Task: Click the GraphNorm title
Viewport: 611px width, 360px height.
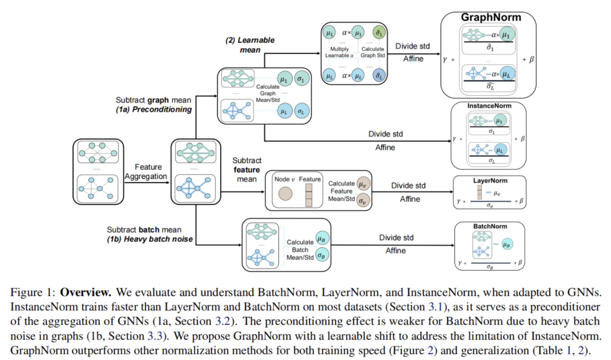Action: pyautogui.click(x=490, y=17)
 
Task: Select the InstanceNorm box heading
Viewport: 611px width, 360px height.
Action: pyautogui.click(x=489, y=106)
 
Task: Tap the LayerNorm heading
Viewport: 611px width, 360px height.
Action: pyautogui.click(x=489, y=181)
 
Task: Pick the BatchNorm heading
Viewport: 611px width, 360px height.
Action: pyautogui.click(x=489, y=226)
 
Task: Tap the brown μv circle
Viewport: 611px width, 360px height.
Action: pyautogui.click(x=362, y=184)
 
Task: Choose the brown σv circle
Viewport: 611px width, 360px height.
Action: pyautogui.click(x=362, y=200)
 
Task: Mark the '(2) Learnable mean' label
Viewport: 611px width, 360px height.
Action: pyautogui.click(x=244, y=45)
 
